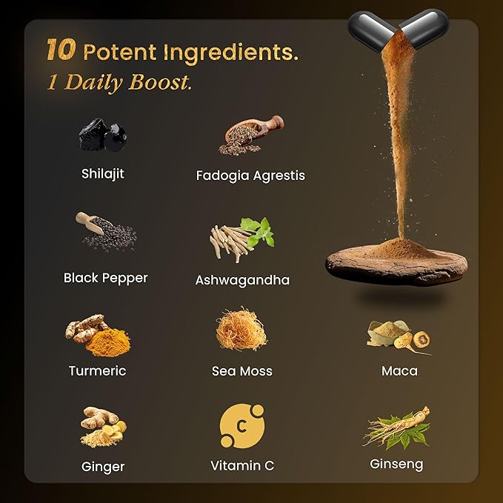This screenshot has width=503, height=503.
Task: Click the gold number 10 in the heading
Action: [61, 50]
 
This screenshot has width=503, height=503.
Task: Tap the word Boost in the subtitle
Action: [160, 82]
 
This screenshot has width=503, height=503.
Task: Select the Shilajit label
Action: [103, 174]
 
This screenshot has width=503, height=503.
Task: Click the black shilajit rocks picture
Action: [103, 135]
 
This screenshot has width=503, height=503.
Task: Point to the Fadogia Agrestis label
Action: [250, 176]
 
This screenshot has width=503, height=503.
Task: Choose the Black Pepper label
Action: [105, 278]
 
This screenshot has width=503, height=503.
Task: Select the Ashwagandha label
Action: [242, 280]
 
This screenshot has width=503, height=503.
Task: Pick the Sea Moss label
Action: [242, 371]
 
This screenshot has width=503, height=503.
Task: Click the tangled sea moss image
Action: [241, 330]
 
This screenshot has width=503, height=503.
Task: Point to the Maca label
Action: [399, 371]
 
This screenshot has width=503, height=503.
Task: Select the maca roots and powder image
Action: [399, 338]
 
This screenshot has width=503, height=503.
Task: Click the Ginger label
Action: [103, 467]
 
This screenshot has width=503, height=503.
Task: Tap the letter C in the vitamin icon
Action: [242, 427]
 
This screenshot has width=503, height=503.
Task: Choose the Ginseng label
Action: [396, 464]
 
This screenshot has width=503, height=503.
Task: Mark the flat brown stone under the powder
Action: [396, 264]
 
